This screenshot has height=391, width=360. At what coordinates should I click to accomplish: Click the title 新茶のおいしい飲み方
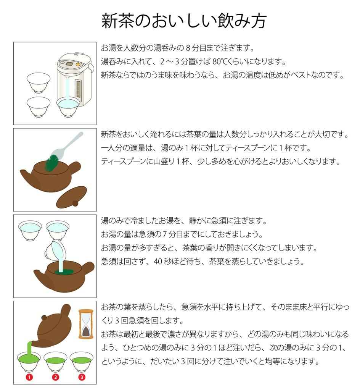[x=183, y=21]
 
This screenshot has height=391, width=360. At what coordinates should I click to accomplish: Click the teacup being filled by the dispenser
[x=68, y=107]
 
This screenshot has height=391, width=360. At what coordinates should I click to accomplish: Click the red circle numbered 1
[x=29, y=377]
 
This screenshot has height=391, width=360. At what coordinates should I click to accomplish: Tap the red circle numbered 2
[x=56, y=377]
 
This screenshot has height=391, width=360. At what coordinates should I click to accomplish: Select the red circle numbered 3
[x=82, y=377]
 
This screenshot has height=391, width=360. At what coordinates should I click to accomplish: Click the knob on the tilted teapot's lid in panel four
[x=44, y=318]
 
